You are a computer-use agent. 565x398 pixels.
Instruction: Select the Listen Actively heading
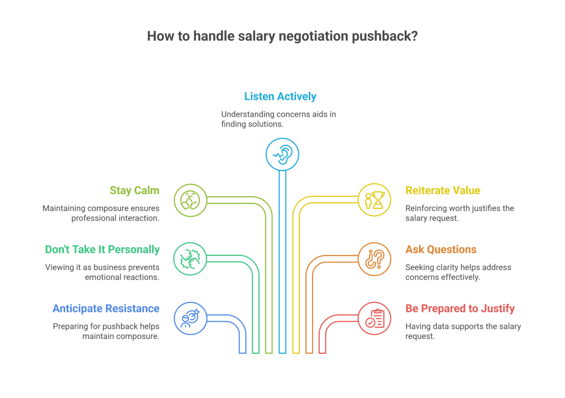[280, 96]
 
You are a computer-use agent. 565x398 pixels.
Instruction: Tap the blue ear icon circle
[282, 153]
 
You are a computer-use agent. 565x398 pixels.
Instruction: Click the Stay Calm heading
[134, 191]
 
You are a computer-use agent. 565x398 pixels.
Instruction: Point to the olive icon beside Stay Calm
[190, 200]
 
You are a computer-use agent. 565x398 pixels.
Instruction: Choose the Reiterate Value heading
[443, 191]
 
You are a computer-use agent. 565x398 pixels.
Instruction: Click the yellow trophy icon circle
[374, 200]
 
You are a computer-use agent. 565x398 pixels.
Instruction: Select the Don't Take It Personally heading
[102, 249]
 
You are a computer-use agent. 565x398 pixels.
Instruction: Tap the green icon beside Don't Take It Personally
[190, 258]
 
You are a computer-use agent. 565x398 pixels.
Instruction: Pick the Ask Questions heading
[441, 249]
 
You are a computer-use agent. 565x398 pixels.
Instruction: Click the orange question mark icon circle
[374, 258]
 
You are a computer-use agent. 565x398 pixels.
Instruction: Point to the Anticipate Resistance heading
[106, 308]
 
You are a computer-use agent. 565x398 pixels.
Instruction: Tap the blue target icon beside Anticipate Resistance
[190, 318]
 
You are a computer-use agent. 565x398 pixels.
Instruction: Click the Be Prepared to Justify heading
[460, 308]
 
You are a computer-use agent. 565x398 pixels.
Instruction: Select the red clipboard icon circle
[374, 318]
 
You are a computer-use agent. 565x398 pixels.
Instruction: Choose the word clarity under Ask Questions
[448, 267]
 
